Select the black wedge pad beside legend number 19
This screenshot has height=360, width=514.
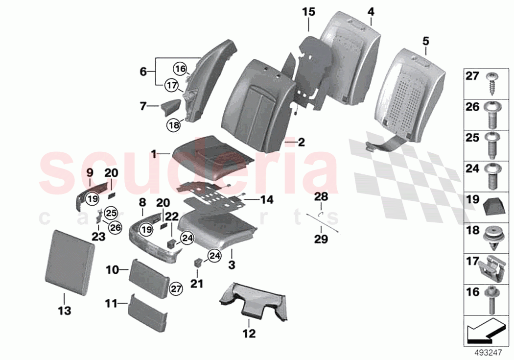click(491, 207)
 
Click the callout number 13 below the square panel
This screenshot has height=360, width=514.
click(64, 311)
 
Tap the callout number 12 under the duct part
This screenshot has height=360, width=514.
click(249, 335)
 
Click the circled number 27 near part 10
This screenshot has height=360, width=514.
click(175, 289)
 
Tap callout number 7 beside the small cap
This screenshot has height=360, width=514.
click(142, 105)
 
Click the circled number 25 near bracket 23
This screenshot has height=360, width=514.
click(111, 213)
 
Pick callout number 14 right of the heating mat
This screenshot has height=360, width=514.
click(267, 200)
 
